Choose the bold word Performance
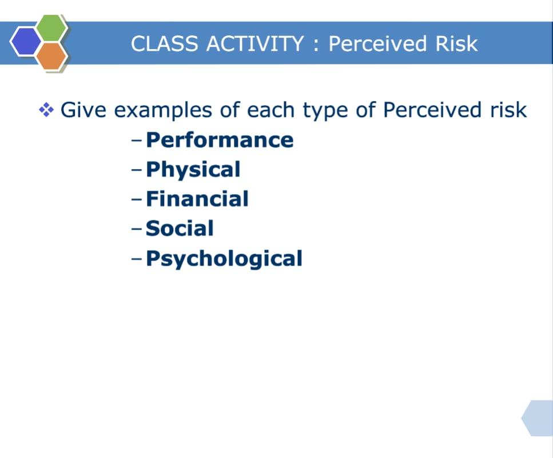[x=220, y=140]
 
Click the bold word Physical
[x=193, y=170]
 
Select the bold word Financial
[x=197, y=199]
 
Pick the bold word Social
[x=180, y=228]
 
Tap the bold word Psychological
[x=224, y=259]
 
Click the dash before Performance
[x=136, y=140]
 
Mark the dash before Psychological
[x=136, y=259]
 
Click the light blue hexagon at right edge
[x=539, y=418]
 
